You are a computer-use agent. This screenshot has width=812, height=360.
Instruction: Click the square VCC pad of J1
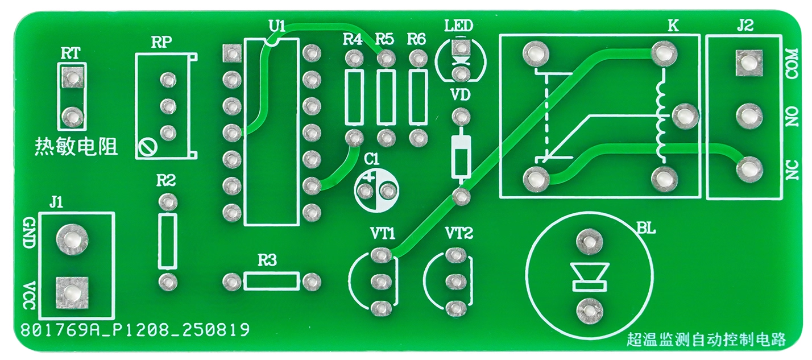(x=71, y=292)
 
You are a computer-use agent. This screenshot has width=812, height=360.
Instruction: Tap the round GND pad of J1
(x=72, y=240)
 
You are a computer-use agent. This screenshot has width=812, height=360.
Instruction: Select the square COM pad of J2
(x=748, y=62)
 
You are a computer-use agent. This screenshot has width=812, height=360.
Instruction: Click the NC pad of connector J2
(x=748, y=169)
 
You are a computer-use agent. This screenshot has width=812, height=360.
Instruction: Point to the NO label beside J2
(x=792, y=117)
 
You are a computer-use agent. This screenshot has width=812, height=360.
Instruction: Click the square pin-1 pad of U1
(x=231, y=53)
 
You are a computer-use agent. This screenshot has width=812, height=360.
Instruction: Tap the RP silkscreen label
(x=161, y=43)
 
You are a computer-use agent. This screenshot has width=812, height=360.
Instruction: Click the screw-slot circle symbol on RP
(x=146, y=148)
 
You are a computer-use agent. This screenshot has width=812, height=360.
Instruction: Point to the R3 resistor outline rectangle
(x=271, y=281)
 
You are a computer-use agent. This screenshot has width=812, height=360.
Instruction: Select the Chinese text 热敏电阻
(x=76, y=148)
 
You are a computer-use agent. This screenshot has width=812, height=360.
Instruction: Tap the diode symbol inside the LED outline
(x=461, y=58)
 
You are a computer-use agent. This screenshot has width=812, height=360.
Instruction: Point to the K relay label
(x=673, y=26)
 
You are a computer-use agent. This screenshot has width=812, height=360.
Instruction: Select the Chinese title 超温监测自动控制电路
(x=706, y=340)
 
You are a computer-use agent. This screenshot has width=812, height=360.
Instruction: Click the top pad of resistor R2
(x=167, y=201)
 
